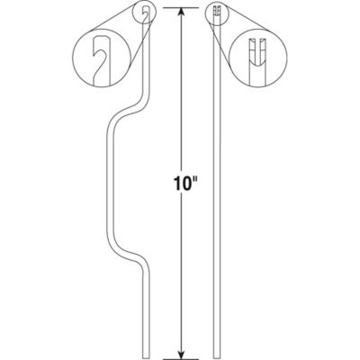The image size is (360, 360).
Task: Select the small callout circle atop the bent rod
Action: click(147, 12)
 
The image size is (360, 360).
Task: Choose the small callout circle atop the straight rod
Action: click(218, 12)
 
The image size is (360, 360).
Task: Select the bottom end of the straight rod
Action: click(218, 353)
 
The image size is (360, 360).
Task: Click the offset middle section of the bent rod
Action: click(112, 189)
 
